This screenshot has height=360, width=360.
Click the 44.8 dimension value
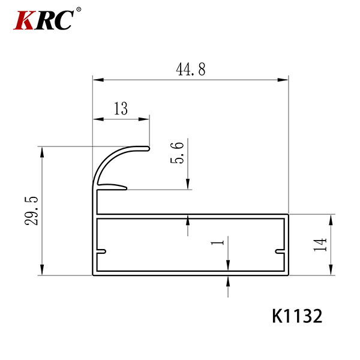coord(191,69)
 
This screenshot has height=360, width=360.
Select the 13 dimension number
coord(121,109)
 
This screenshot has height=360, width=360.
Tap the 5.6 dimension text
coord(177,152)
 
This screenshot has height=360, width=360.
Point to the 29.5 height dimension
coord(31,211)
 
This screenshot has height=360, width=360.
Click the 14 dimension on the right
coord(320,245)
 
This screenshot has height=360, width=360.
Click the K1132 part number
coord(297,316)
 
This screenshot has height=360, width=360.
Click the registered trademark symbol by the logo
coord(79,10)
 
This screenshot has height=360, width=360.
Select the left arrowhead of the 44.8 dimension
coord(98,80)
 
